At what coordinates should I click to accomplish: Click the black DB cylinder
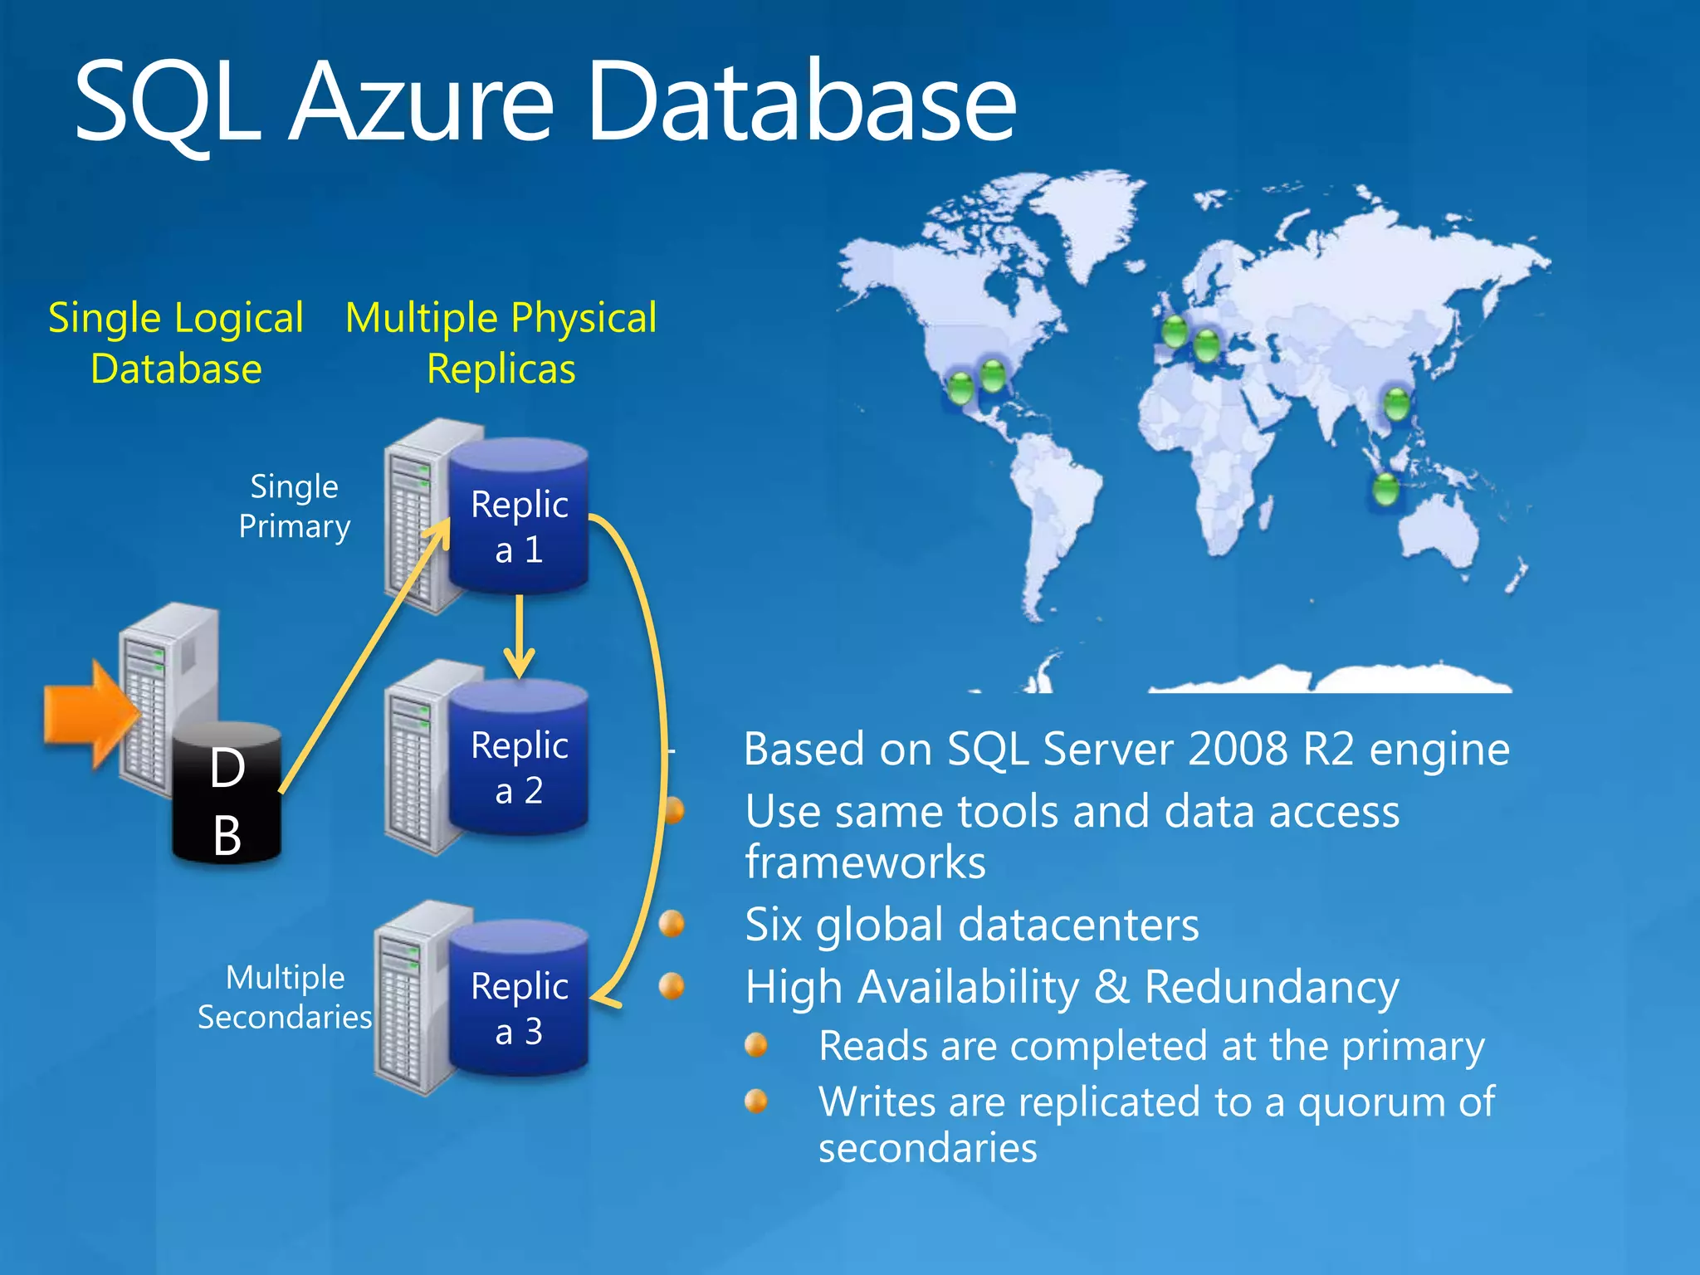(x=227, y=797)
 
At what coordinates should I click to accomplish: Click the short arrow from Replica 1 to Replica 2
(x=519, y=635)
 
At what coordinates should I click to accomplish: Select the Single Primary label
(x=294, y=506)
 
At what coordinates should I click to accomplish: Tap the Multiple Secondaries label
(x=285, y=997)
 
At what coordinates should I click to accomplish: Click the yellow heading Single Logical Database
(x=176, y=343)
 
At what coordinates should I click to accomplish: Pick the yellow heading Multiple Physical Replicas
(x=501, y=343)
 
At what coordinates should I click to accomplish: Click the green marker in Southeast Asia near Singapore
(x=1385, y=489)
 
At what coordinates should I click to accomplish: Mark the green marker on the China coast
(x=1397, y=404)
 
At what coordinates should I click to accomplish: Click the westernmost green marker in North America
(x=960, y=388)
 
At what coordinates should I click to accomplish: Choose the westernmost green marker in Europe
(x=1175, y=332)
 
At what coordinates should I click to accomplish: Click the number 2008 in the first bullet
(x=1238, y=750)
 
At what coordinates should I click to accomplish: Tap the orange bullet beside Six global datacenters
(x=672, y=923)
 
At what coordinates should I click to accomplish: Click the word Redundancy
(x=1272, y=988)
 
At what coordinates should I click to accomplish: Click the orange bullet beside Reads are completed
(x=756, y=1044)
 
